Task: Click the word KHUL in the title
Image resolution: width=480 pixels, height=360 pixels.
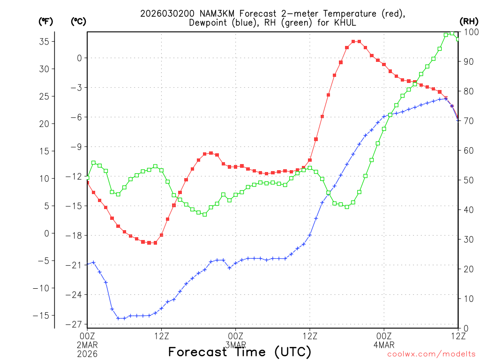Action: point(346,22)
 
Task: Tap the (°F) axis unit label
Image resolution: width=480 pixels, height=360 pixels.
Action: point(45,21)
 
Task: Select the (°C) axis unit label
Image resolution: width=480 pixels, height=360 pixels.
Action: point(78,21)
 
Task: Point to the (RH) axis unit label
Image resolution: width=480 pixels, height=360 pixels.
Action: point(468,21)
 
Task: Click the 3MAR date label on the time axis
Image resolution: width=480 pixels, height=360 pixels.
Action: point(235,345)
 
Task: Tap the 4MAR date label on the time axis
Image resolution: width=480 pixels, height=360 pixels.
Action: point(383,345)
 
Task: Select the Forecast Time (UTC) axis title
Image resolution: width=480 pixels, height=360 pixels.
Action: point(240,352)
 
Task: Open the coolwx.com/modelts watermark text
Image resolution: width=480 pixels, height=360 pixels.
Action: point(431,354)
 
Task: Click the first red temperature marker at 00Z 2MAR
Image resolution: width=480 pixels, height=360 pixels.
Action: point(88,182)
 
